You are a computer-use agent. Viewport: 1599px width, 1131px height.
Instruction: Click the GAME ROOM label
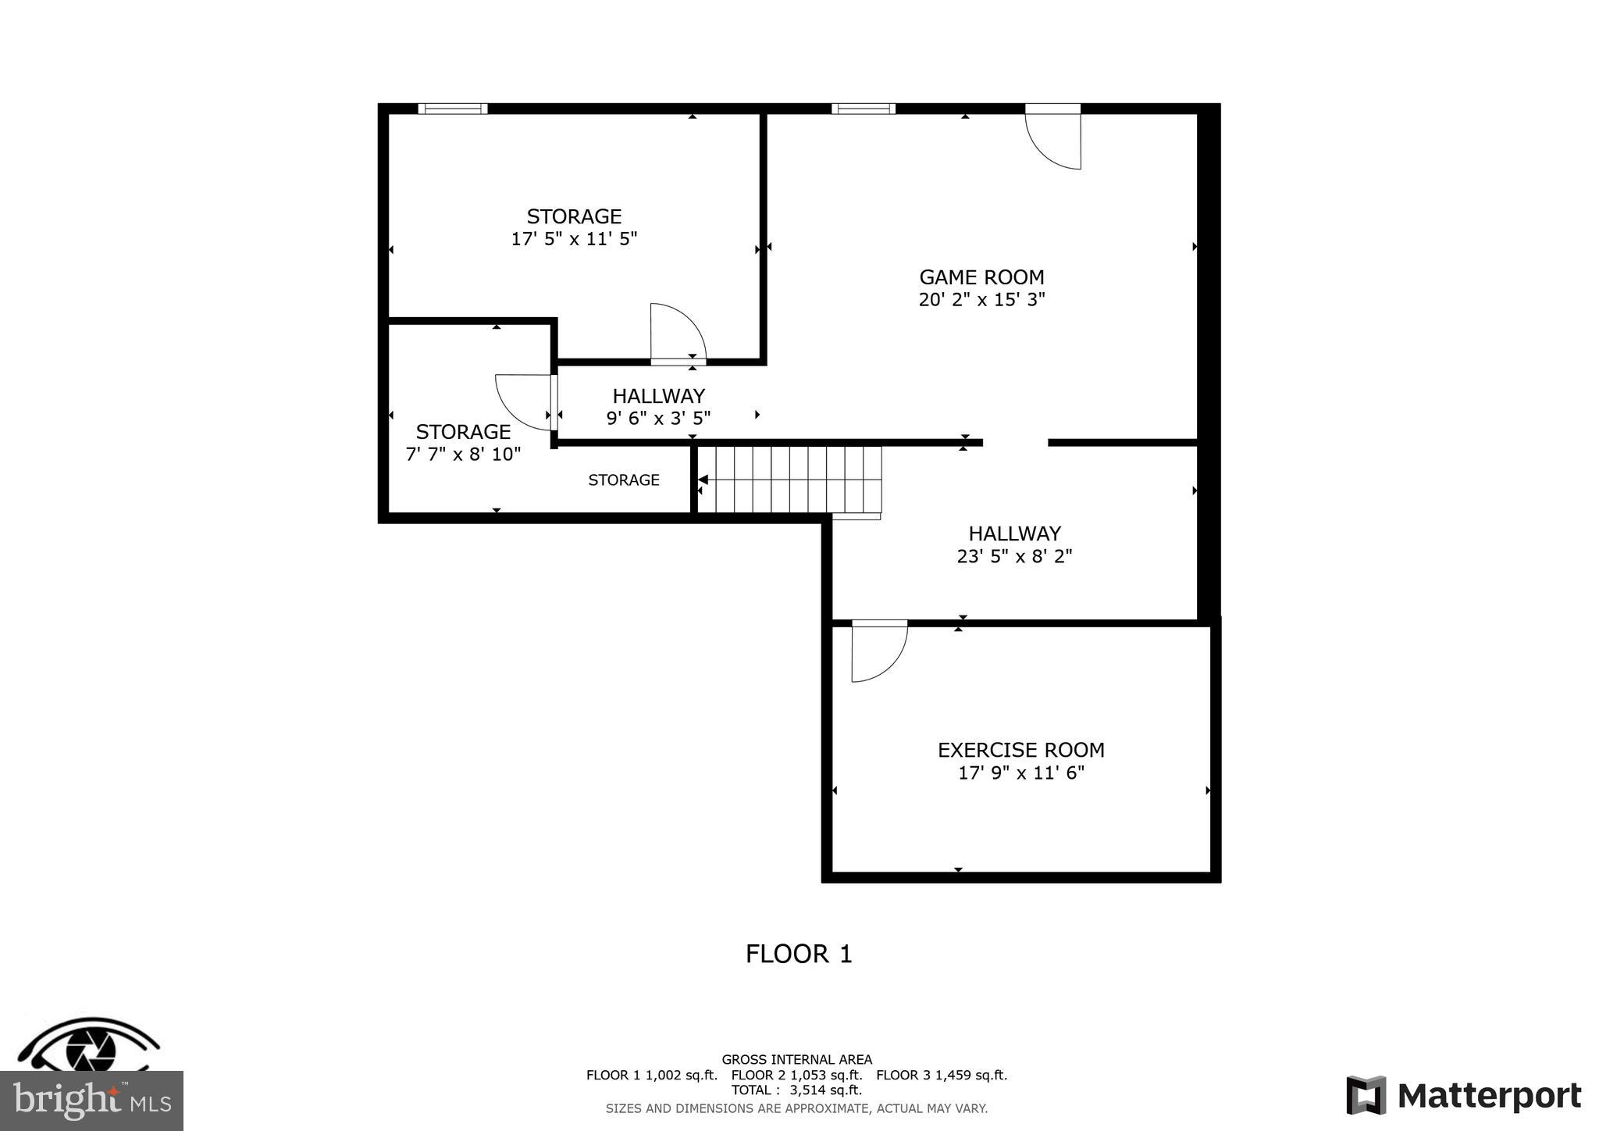981,277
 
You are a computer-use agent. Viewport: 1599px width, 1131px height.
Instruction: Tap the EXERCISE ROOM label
1020,750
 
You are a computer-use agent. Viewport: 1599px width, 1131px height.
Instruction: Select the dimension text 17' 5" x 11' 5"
574,239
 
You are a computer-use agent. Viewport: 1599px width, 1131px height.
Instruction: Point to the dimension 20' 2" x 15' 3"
981,300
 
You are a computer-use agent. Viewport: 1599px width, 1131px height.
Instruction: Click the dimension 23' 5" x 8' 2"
1014,556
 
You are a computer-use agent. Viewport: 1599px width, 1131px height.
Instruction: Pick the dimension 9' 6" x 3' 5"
658,419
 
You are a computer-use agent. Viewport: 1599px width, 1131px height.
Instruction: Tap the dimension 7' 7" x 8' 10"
463,455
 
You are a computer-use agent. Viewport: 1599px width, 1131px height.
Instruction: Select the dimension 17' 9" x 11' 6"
1020,773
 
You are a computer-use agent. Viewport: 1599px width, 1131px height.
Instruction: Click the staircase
789,479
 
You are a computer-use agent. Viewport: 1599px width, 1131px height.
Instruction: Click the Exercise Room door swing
878,650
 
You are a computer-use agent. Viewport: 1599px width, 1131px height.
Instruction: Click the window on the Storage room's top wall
453,109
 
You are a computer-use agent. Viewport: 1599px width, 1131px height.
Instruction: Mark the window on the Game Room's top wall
863,109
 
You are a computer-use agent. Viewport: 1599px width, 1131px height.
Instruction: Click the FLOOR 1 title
799,954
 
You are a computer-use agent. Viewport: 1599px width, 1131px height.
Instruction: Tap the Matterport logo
1464,1096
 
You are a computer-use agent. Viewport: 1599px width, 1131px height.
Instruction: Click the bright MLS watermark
92,1101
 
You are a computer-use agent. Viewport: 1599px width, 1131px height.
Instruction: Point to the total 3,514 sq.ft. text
796,1090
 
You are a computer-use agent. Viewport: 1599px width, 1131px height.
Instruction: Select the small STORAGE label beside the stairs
624,480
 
